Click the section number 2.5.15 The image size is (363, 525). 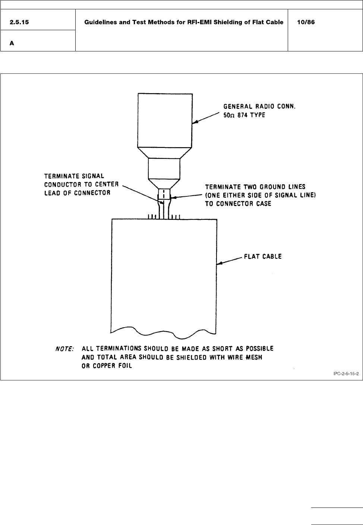tap(20, 22)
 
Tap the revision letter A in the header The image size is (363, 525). tap(12, 43)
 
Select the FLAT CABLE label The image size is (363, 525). tap(263, 256)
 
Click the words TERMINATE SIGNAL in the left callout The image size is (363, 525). tap(74, 176)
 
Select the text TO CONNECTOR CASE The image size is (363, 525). tap(238, 204)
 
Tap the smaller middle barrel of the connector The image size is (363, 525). tap(164, 168)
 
